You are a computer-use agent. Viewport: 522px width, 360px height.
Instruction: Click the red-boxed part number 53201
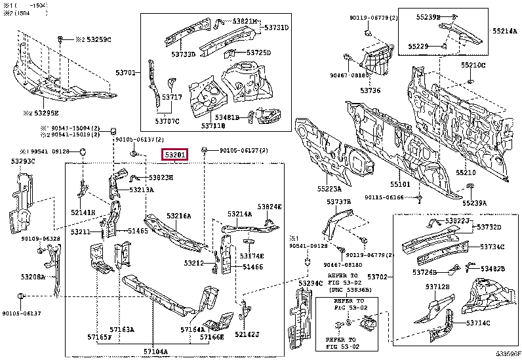[176, 155]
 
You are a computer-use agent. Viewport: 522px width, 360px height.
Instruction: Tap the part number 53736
[370, 90]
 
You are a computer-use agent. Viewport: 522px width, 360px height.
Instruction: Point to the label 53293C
[22, 161]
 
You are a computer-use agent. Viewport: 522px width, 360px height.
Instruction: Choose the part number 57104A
[156, 351]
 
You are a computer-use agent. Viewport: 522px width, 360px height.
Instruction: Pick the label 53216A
[178, 216]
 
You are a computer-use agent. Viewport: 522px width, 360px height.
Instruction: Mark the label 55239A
[475, 203]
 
